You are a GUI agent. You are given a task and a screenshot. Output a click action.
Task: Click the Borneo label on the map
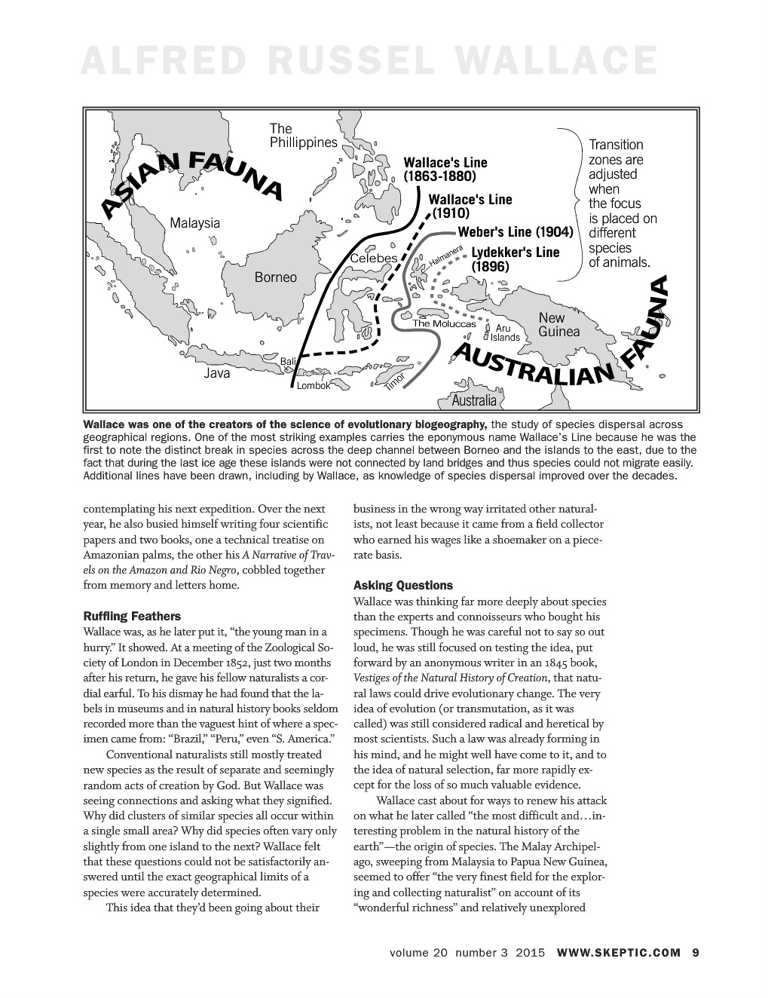coord(276,277)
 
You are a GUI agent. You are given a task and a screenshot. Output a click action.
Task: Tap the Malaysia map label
coord(195,223)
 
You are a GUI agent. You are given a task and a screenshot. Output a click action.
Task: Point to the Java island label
coord(217,373)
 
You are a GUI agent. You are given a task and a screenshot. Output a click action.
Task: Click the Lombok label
coord(313,385)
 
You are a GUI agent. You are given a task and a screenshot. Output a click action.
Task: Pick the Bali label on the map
coord(288,363)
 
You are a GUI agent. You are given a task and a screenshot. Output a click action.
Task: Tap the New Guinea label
coord(559,325)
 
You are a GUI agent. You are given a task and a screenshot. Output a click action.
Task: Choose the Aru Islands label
coord(503,332)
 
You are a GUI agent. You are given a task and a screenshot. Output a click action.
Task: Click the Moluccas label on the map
coord(444,323)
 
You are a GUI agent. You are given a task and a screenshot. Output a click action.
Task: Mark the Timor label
coord(395,381)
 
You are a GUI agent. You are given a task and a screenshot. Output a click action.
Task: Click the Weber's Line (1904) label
coord(516,231)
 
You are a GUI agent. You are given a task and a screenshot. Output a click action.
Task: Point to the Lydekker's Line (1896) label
coord(516,259)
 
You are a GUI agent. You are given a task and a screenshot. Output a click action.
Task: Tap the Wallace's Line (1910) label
coord(470,207)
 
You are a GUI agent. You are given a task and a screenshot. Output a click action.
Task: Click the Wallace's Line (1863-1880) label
coord(445,170)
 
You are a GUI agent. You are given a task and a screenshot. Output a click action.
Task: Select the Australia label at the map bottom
coord(474,400)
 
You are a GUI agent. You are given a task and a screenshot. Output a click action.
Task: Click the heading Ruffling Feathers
coord(132,616)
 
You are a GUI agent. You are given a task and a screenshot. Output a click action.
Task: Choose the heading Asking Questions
coord(403,585)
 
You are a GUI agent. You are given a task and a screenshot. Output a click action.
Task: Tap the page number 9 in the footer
coord(695,952)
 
